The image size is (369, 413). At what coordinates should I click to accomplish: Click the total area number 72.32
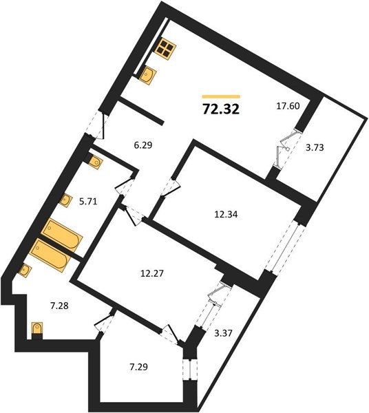pyautogui.click(x=221, y=109)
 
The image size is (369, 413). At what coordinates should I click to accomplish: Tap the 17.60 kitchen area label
pyautogui.click(x=288, y=106)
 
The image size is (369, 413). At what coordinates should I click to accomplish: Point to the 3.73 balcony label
pyautogui.click(x=315, y=147)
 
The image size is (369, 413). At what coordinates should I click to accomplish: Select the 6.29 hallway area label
pyautogui.click(x=143, y=145)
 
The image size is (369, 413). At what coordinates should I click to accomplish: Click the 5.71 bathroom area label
pyautogui.click(x=88, y=202)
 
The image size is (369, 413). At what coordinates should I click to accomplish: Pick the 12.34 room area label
pyautogui.click(x=226, y=214)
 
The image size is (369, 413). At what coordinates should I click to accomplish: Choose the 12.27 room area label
pyautogui.click(x=152, y=273)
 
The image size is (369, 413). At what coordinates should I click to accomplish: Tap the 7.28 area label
pyautogui.click(x=59, y=306)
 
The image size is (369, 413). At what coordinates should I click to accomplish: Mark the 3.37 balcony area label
pyautogui.click(x=223, y=333)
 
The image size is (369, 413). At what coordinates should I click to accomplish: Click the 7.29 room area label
pyautogui.click(x=139, y=367)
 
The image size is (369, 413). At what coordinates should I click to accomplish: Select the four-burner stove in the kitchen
pyautogui.click(x=165, y=50)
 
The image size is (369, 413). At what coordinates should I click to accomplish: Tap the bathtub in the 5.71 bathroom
pyautogui.click(x=62, y=235)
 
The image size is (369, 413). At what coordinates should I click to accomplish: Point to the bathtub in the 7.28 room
pyautogui.click(x=50, y=255)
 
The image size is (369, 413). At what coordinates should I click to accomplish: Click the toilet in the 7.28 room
pyautogui.click(x=37, y=330)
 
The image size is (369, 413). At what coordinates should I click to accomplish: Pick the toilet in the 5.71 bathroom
pyautogui.click(x=93, y=161)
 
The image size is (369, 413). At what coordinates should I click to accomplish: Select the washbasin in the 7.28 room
pyautogui.click(x=25, y=271)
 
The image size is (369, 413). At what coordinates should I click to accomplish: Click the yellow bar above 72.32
pyautogui.click(x=221, y=96)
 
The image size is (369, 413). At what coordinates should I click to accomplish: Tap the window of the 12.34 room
pyautogui.click(x=285, y=247)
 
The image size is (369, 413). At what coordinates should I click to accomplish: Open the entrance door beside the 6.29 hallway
pyautogui.click(x=100, y=126)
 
